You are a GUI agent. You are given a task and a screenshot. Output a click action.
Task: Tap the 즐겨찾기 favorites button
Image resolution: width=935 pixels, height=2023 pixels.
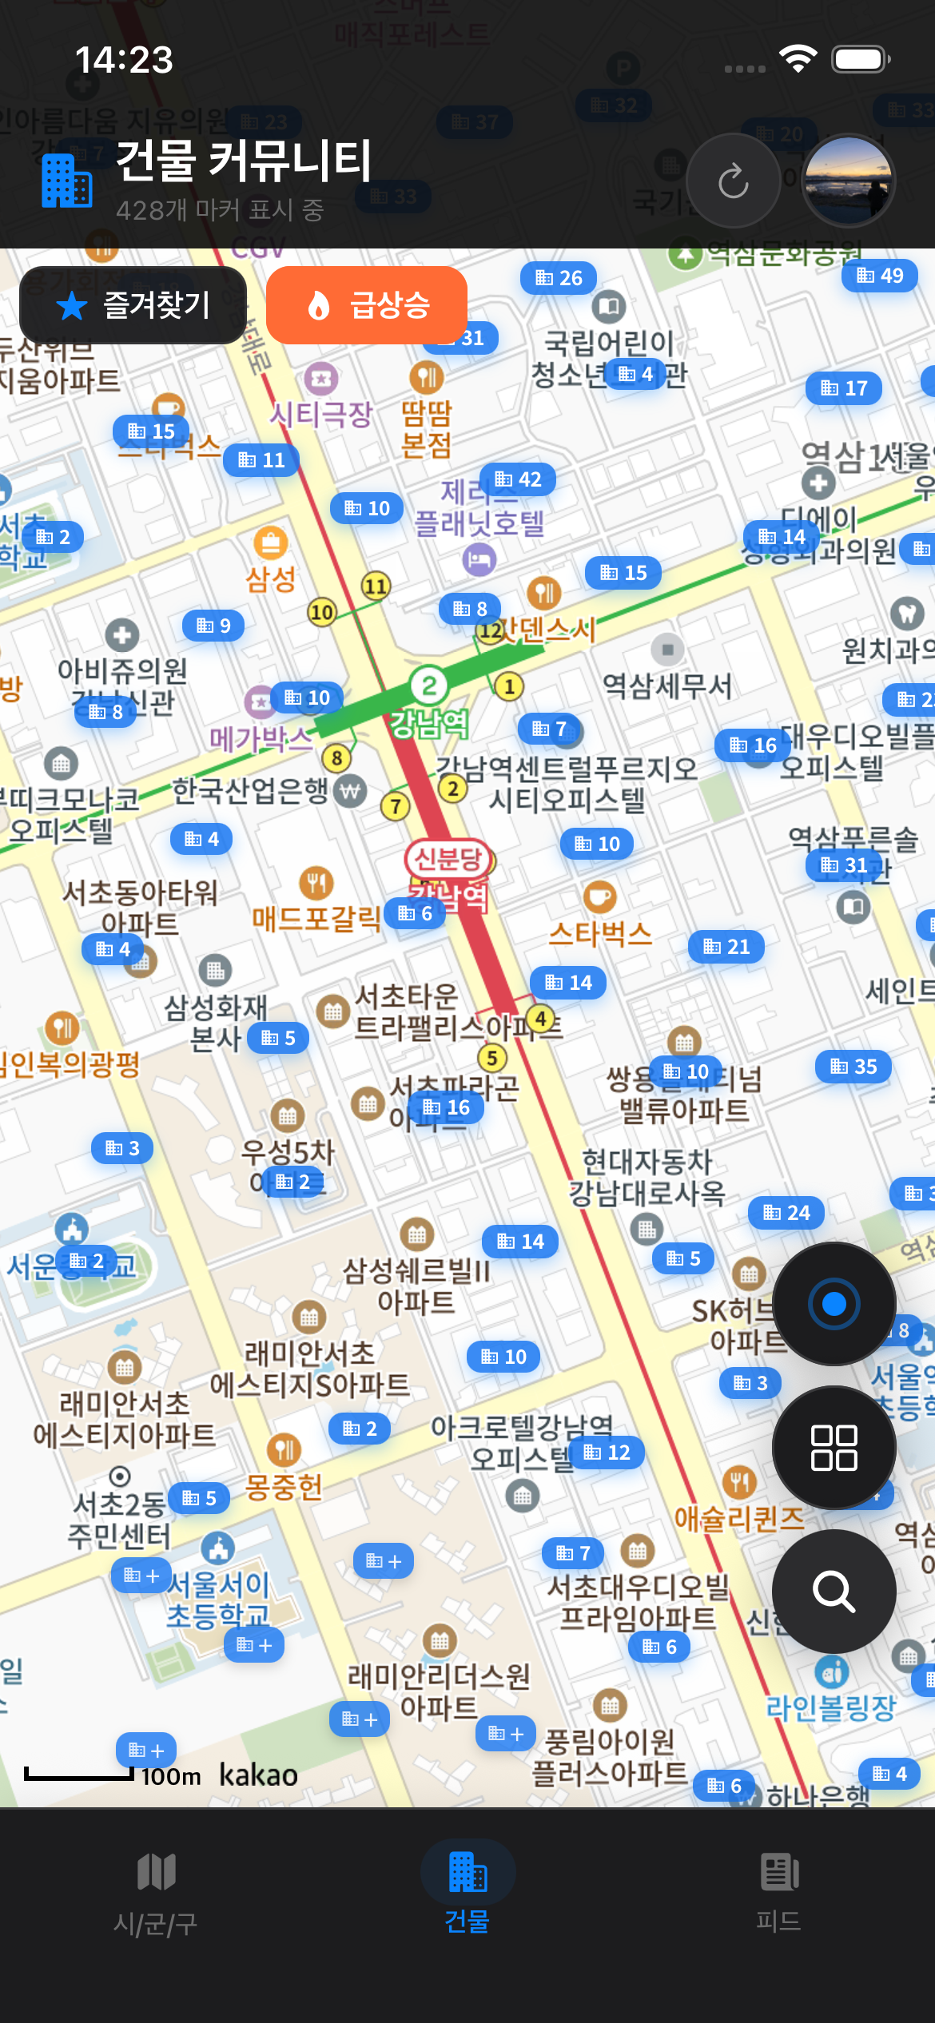pyautogui.click(x=133, y=305)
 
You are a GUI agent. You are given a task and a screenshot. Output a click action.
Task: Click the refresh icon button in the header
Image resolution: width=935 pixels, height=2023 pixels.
pyautogui.click(x=733, y=181)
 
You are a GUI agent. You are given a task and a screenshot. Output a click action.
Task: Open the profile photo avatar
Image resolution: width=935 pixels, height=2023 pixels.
pyautogui.click(x=848, y=181)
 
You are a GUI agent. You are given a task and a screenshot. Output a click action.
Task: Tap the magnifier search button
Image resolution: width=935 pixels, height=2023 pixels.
pyautogui.click(x=834, y=1591)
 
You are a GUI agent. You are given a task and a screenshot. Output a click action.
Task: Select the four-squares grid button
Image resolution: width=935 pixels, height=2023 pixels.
pyautogui.click(x=834, y=1447)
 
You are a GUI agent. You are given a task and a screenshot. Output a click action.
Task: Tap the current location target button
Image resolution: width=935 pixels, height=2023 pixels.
pyautogui.click(x=834, y=1304)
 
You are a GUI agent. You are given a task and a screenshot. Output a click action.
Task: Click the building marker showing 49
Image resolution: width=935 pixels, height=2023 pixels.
pyautogui.click(x=880, y=276)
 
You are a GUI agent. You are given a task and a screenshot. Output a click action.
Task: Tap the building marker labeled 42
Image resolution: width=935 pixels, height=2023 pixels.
pyautogui.click(x=518, y=479)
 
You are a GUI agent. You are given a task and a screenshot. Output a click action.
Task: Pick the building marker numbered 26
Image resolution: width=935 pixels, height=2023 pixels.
pyautogui.click(x=559, y=278)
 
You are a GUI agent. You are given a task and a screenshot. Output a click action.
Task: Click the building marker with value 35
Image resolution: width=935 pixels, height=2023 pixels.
pyautogui.click(x=853, y=1067)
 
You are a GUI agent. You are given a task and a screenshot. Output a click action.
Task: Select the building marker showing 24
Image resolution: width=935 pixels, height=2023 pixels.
pyautogui.click(x=786, y=1213)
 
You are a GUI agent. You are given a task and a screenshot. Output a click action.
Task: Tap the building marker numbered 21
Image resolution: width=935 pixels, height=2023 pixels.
pyautogui.click(x=726, y=947)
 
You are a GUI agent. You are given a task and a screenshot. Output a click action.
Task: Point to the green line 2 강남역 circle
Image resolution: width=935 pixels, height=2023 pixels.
pyautogui.click(x=429, y=686)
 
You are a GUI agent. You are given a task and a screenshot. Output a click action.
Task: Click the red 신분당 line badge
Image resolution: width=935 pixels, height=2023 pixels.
pyautogui.click(x=448, y=859)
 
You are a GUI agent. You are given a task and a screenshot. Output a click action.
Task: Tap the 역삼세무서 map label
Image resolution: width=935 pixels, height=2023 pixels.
pyautogui.click(x=666, y=686)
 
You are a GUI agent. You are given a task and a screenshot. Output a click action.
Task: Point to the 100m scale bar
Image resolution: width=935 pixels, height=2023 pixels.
pyautogui.click(x=78, y=1775)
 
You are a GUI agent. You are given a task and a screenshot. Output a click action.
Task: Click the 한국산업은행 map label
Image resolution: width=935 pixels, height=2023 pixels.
pyautogui.click(x=251, y=791)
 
